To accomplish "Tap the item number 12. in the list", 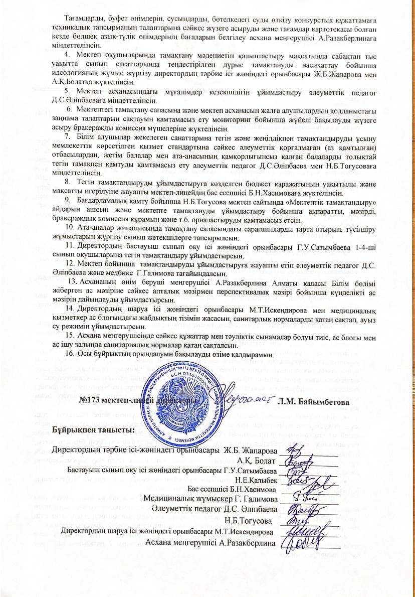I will pos(71,264).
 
